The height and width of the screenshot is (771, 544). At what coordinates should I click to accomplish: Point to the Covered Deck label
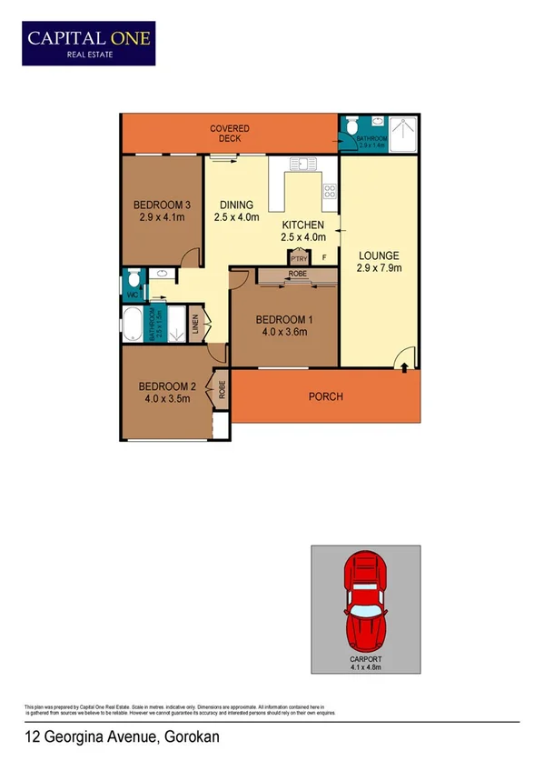coord(230,134)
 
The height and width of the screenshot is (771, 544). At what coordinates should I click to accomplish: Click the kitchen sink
coord(302,164)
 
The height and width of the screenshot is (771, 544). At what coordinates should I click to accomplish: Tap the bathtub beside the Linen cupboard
coord(133,325)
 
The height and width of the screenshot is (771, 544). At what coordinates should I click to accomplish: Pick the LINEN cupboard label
coord(194,325)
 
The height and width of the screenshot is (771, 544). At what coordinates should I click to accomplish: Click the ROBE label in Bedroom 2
coord(221,389)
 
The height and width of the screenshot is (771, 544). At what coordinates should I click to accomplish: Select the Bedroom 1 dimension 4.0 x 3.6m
coord(282,332)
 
